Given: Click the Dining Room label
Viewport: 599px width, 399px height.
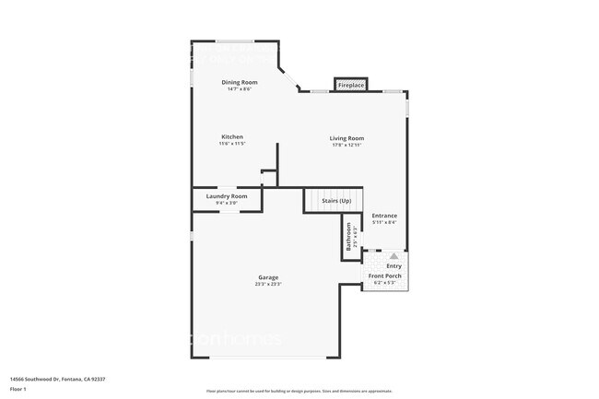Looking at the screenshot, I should (x=237, y=83).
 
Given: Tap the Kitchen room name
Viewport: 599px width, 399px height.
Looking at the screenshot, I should (x=231, y=137).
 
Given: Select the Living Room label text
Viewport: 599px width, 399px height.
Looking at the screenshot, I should (x=347, y=138).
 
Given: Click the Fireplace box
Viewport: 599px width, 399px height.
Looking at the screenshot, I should (x=350, y=85).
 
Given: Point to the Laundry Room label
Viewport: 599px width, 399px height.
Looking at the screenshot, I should (x=227, y=195).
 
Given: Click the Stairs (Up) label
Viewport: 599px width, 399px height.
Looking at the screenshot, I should (x=335, y=200).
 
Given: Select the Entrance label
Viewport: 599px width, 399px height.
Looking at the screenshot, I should (x=384, y=216).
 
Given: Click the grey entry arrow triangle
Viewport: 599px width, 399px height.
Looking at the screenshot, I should (x=393, y=256).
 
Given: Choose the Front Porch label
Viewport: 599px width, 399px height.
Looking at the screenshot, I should (x=384, y=276).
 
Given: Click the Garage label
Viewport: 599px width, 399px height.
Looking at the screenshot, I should (x=268, y=277).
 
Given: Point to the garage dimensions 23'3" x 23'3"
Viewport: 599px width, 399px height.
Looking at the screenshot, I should (x=268, y=284).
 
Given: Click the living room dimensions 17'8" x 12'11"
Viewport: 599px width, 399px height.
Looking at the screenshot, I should (x=347, y=145).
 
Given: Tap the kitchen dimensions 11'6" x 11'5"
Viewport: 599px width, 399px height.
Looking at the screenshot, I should (x=231, y=144).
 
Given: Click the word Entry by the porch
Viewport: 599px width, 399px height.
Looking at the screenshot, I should (x=393, y=265).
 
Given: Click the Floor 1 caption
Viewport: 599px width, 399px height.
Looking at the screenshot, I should (x=18, y=390).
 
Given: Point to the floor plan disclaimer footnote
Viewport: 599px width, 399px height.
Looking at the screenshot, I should (x=299, y=391).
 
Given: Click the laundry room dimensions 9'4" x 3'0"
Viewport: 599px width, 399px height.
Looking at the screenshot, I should (x=227, y=202).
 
